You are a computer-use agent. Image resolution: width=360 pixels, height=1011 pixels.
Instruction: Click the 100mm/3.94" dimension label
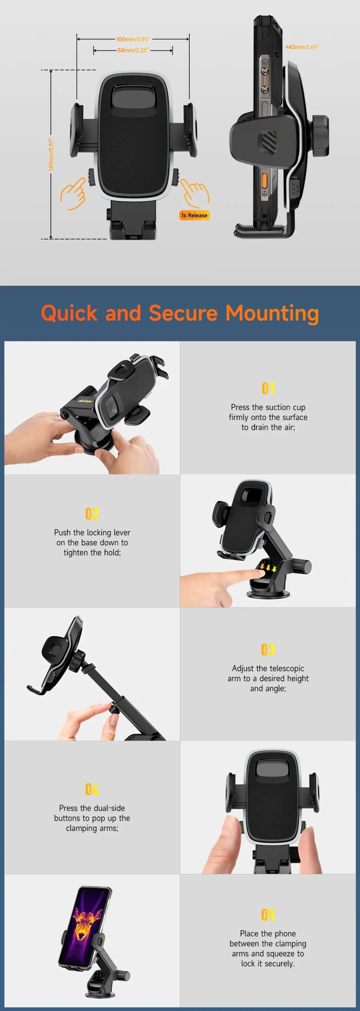(133, 39)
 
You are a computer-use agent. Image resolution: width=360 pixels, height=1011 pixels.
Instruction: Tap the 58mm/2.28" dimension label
(133, 50)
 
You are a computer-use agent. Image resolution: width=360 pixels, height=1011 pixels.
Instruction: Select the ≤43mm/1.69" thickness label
(302, 47)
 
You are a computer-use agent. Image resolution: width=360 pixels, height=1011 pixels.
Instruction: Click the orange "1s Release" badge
(194, 215)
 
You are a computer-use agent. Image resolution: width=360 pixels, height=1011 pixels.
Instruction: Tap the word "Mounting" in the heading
(272, 314)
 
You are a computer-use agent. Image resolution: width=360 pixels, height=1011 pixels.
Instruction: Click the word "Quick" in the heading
(69, 314)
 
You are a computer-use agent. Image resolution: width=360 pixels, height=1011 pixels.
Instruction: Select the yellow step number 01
(268, 388)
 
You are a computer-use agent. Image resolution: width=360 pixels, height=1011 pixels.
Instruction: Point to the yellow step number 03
(268, 649)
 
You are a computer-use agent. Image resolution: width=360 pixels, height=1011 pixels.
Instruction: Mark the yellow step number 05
(268, 914)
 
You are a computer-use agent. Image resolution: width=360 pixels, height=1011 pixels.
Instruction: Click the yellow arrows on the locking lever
(268, 567)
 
